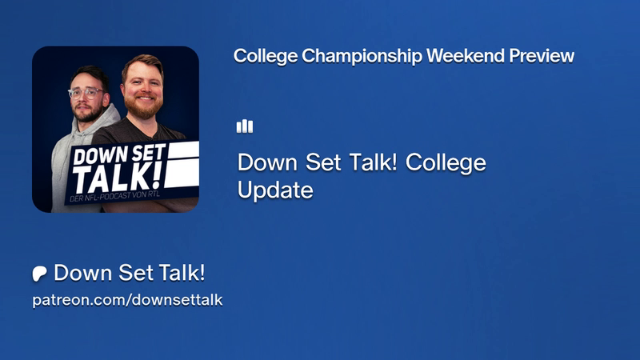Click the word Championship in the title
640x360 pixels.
click(362, 56)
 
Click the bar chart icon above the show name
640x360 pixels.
click(245, 126)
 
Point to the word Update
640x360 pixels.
click(275, 190)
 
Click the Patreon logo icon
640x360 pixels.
click(39, 274)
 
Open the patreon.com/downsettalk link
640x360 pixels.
click(127, 300)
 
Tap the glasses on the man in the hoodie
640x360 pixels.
click(86, 93)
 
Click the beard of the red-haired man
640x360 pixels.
click(143, 106)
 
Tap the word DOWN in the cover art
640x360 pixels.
click(94, 155)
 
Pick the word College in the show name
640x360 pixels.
click(446, 163)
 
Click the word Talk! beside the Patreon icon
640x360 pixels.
click(182, 273)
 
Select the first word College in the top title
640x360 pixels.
click(266, 56)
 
